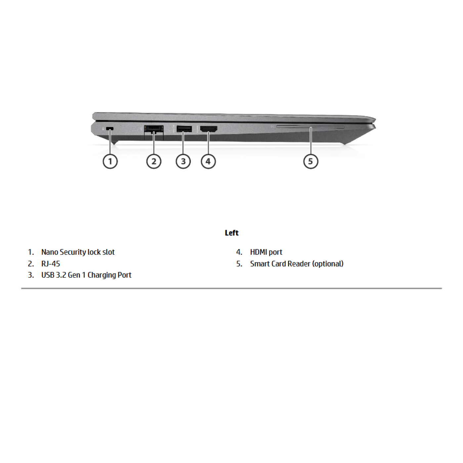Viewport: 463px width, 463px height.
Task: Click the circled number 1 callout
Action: pyautogui.click(x=110, y=161)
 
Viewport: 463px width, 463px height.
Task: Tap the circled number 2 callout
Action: pyautogui.click(x=154, y=161)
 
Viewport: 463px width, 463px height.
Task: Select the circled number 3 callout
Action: pyautogui.click(x=183, y=161)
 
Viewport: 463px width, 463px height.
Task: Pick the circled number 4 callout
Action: pyautogui.click(x=208, y=161)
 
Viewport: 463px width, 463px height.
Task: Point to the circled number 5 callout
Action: pyautogui.click(x=311, y=161)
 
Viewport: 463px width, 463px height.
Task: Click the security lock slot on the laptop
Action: pyautogui.click(x=110, y=129)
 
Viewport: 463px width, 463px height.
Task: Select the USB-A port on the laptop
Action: pyautogui.click(x=184, y=129)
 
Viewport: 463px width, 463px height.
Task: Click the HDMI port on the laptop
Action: pyautogui.click(x=209, y=129)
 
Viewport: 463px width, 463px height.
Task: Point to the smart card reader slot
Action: pyautogui.click(x=311, y=127)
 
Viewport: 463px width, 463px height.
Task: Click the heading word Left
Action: pyautogui.click(x=232, y=233)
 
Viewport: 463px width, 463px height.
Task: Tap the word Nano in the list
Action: pyautogui.click(x=50, y=252)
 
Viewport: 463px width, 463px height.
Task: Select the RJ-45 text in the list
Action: pyautogui.click(x=51, y=264)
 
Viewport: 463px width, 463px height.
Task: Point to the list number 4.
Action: pyautogui.click(x=239, y=252)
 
